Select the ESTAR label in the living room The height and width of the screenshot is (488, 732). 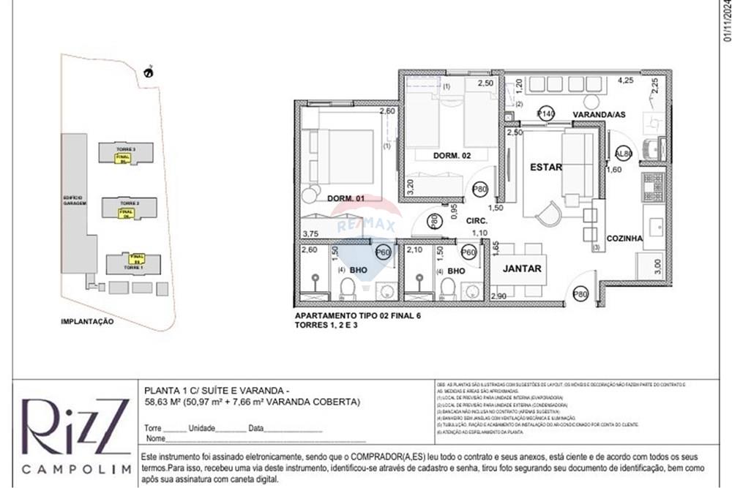tap(546, 168)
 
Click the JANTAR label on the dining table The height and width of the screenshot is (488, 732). tap(523, 269)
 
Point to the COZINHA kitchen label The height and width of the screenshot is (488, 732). tap(624, 238)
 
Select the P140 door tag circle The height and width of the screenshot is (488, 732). tap(545, 113)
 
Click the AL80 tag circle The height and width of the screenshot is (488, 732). tap(624, 154)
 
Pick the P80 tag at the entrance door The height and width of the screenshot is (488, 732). tap(581, 295)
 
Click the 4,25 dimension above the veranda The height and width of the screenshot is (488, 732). tap(627, 80)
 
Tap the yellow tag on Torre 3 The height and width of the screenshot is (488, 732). tap(123, 158)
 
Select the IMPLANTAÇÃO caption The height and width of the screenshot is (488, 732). tap(87, 321)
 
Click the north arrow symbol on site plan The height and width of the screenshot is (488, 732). tap(149, 71)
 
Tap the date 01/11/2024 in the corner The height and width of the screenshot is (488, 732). tap(726, 22)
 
